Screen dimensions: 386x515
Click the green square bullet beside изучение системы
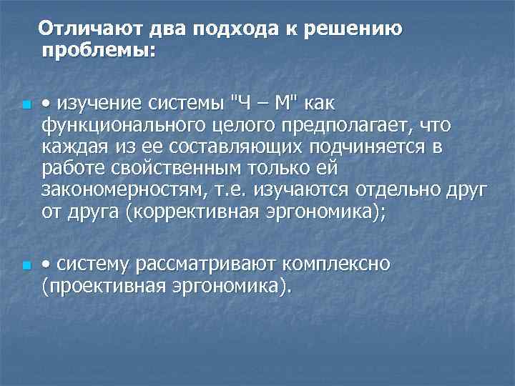point(26,106)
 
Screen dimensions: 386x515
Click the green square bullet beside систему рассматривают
point(26,267)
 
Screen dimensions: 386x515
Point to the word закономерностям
point(129,190)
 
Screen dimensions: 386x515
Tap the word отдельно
point(412,190)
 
